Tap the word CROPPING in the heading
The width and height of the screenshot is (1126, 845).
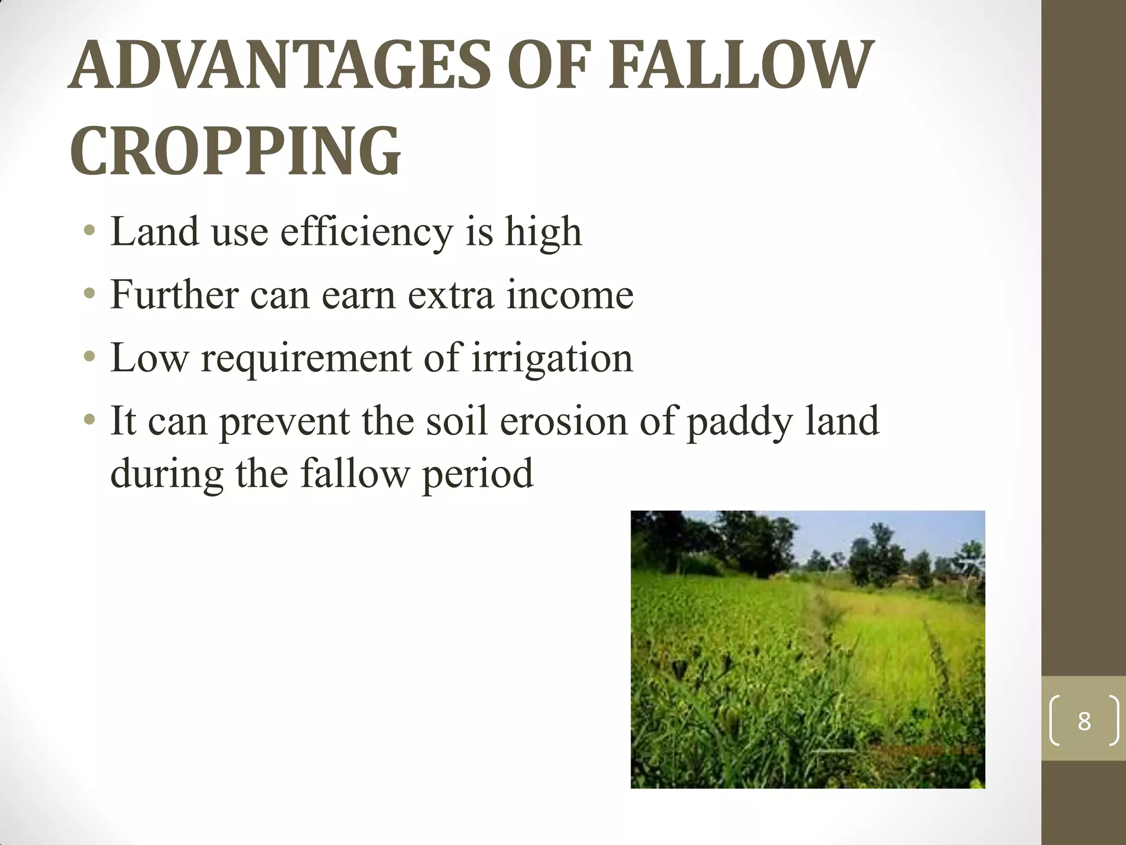[235, 151]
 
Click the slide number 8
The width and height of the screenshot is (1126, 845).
[1084, 721]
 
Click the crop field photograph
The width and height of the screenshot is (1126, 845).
[807, 649]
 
